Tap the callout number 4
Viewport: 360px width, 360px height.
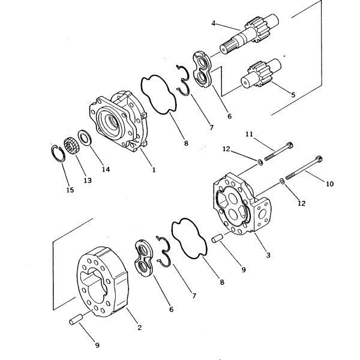tap(213, 23)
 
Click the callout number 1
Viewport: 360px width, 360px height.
tap(154, 170)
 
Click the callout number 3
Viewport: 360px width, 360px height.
tap(268, 256)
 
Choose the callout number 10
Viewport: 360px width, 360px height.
tap(329, 184)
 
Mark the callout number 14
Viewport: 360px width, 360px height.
tap(106, 170)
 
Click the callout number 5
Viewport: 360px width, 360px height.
tap(293, 94)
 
